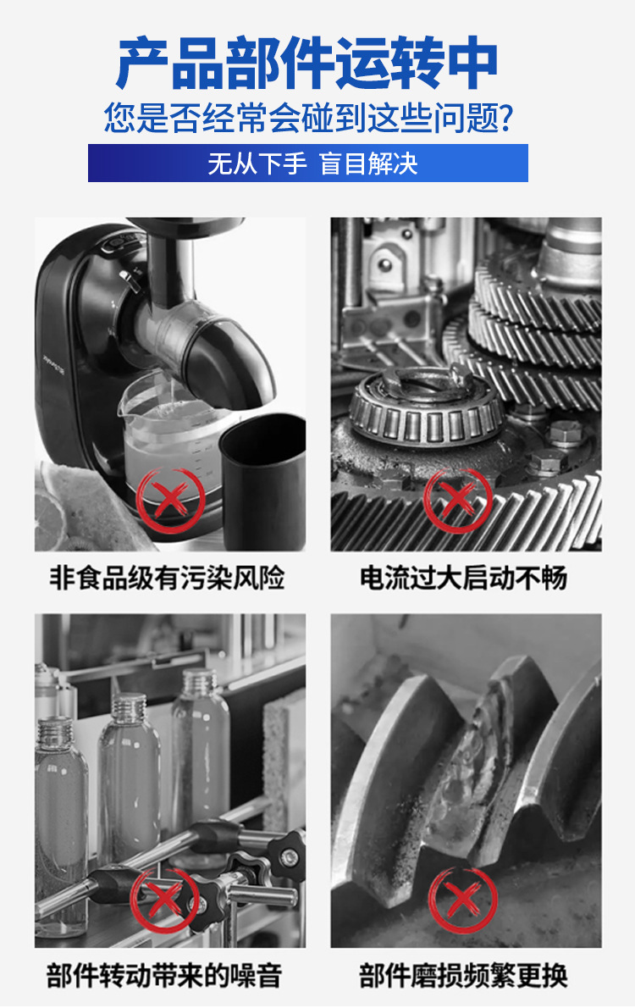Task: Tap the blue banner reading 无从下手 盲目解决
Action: click(x=308, y=163)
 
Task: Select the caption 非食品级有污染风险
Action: click(x=168, y=579)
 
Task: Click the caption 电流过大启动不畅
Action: click(x=463, y=579)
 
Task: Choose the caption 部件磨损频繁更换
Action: click(x=463, y=974)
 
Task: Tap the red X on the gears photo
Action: click(x=458, y=497)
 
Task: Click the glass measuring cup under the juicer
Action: click(x=165, y=436)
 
